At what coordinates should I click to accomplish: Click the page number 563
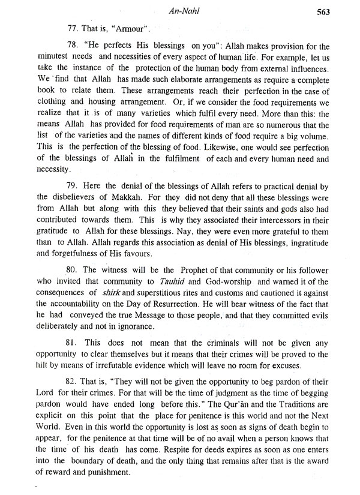[343, 9]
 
